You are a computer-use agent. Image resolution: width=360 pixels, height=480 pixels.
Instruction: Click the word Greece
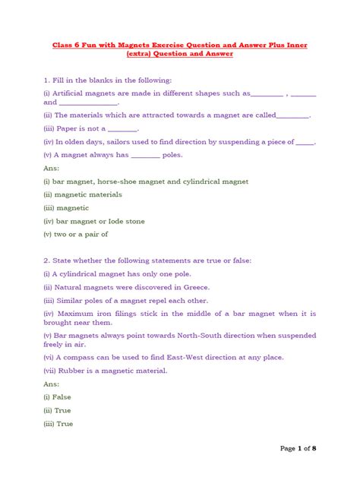195,286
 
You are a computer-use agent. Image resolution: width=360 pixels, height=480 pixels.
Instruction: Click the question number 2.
46,261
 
